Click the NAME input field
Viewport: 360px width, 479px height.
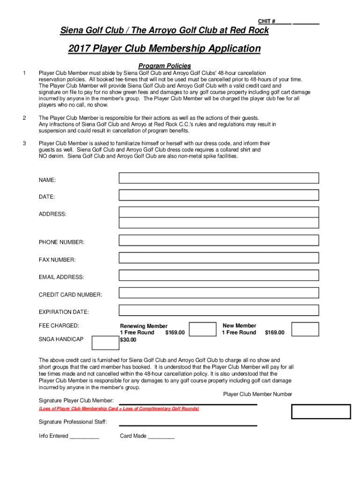click(x=219, y=178)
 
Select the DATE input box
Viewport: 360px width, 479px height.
click(x=219, y=195)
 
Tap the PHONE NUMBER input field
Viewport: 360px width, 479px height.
click(x=219, y=240)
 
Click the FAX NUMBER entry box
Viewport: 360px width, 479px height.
click(x=219, y=258)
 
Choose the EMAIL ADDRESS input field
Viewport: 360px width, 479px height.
click(x=219, y=276)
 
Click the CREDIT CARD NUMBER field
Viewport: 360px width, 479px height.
click(x=219, y=293)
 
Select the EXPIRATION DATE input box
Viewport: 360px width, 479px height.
click(x=219, y=310)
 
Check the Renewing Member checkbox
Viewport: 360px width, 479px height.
click(x=202, y=329)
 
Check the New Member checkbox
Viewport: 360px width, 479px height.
click(x=305, y=329)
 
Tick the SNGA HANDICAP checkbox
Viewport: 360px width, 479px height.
click(x=105, y=343)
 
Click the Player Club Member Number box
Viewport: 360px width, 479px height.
click(x=321, y=411)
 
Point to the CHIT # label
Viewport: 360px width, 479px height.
click(x=266, y=22)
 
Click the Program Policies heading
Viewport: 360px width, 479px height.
click(x=165, y=66)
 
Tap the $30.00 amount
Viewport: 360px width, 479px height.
click(x=128, y=340)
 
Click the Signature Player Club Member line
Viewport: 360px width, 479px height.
click(x=188, y=403)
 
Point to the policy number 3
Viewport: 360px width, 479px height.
click(x=24, y=143)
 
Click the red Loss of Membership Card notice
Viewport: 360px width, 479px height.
click(x=119, y=409)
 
